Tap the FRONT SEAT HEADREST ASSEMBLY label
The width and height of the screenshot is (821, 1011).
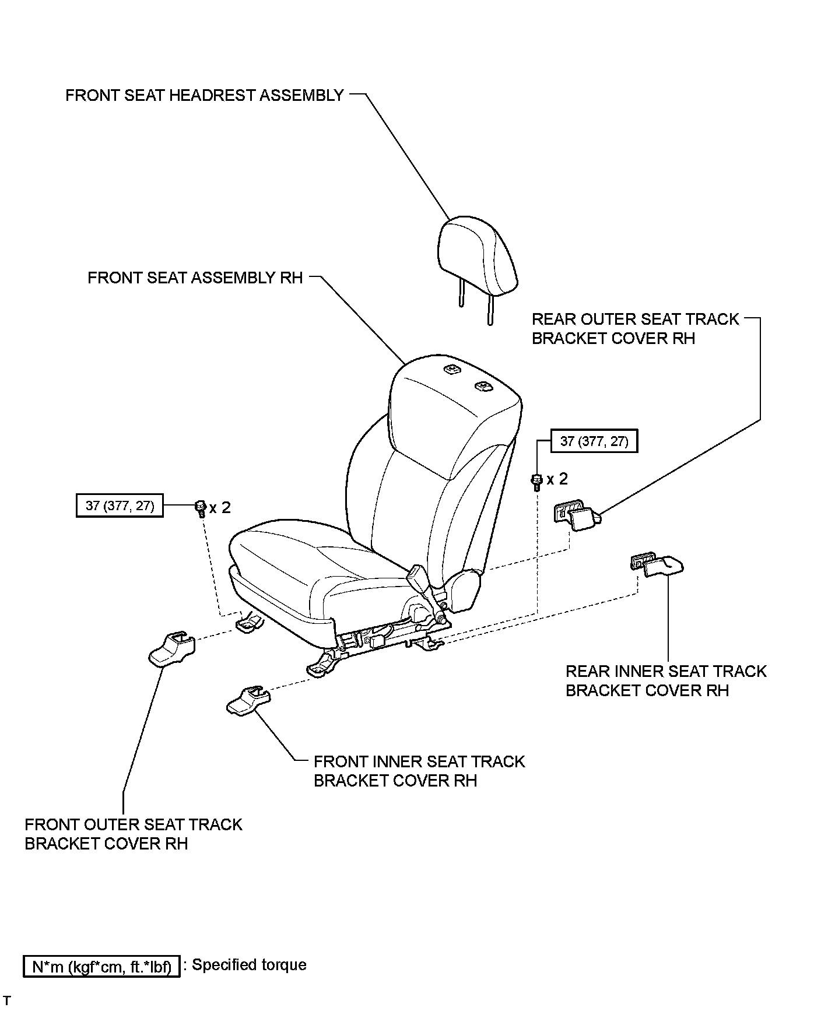(204, 95)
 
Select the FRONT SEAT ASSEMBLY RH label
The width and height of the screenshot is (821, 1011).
(195, 278)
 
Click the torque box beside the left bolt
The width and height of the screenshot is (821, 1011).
(120, 506)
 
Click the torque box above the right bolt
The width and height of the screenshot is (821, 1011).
(594, 441)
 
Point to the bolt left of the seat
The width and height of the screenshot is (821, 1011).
(200, 508)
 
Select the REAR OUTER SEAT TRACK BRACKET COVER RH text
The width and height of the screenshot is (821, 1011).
(635, 328)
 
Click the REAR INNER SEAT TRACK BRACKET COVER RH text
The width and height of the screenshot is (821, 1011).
(665, 680)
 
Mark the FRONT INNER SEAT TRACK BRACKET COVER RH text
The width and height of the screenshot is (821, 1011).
(419, 771)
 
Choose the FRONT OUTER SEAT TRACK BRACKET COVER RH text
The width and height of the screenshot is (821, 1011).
(133, 834)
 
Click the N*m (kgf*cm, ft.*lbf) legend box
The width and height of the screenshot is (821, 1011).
(101, 967)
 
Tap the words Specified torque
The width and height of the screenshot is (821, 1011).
(249, 965)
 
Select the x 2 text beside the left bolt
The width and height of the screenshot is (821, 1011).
(220, 507)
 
